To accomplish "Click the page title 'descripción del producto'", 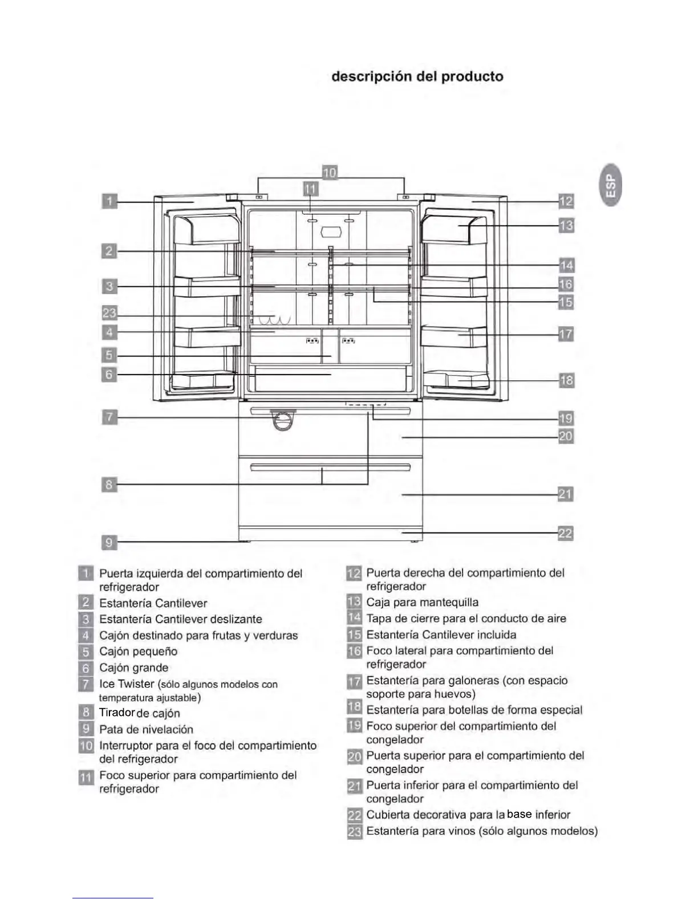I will click(417, 76).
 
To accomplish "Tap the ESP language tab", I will click(611, 185).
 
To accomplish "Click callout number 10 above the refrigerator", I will click(330, 172).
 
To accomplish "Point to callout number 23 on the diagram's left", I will click(109, 312).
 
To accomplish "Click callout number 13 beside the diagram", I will click(566, 226).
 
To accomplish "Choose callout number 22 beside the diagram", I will click(565, 533).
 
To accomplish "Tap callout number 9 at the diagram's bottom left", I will click(109, 542).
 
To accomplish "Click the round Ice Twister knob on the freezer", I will click(283, 420).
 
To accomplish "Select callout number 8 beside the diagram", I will click(109, 485).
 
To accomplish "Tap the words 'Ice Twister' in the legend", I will click(127, 684).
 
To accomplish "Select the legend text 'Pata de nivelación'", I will click(146, 729).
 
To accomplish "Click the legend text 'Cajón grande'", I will click(133, 668).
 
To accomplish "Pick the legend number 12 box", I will click(354, 573).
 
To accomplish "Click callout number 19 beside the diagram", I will click(565, 418).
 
